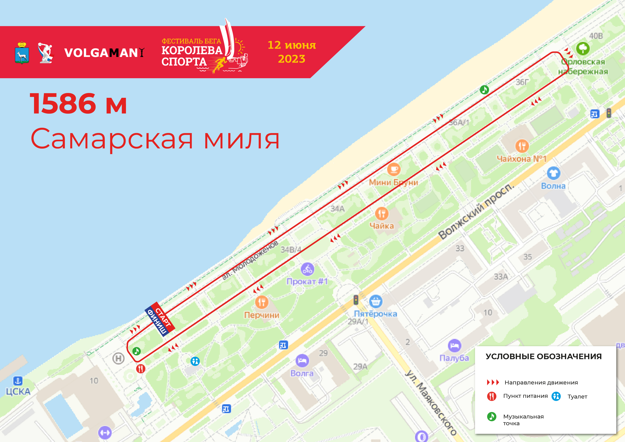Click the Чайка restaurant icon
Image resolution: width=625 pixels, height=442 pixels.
click(382, 214)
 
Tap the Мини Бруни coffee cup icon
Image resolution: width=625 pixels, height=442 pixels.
click(394, 169)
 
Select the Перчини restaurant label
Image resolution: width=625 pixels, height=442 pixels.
click(262, 315)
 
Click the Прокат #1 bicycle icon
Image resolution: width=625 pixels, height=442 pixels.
click(307, 269)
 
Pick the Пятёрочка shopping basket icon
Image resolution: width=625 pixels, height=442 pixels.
click(376, 301)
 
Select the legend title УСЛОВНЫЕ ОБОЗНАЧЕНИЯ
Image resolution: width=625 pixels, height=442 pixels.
click(544, 356)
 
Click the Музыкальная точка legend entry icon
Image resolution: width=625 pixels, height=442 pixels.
click(492, 416)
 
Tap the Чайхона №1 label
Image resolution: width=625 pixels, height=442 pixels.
click(521, 159)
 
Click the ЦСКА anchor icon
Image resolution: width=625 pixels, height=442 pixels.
click(18, 381)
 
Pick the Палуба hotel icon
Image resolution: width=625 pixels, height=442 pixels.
click(454, 346)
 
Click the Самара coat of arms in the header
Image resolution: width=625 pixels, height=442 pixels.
click(22, 53)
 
